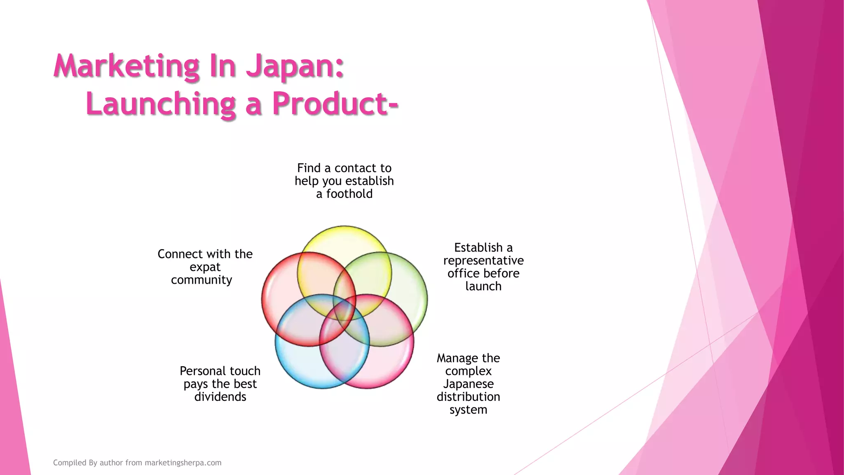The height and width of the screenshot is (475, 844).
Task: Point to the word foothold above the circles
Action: pyautogui.click(x=349, y=194)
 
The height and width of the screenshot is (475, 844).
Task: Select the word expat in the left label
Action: pyautogui.click(x=205, y=267)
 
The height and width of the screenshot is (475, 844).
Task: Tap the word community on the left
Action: pyautogui.click(x=202, y=280)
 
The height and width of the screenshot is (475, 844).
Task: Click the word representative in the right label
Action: pyautogui.click(x=483, y=261)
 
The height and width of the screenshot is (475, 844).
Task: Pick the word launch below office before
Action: pyautogui.click(x=483, y=286)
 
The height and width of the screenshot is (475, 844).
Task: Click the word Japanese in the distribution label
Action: pyautogui.click(x=468, y=384)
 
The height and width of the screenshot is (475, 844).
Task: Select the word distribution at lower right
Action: pyautogui.click(x=468, y=397)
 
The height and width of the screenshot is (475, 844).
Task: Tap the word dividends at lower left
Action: pyautogui.click(x=220, y=397)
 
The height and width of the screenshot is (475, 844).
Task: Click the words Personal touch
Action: pyautogui.click(x=220, y=371)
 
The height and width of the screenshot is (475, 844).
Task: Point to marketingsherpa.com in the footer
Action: pyautogui.click(x=183, y=463)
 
